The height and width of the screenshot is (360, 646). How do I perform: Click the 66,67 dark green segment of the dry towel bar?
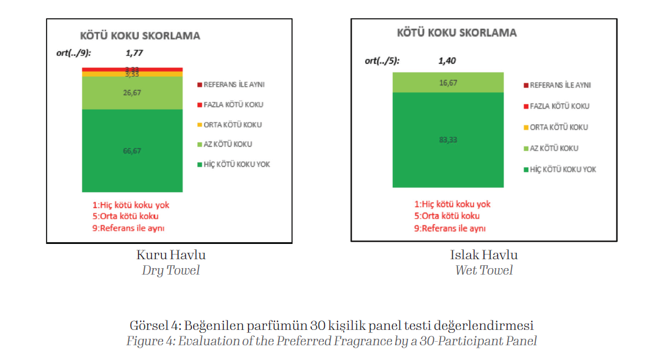point(132,151)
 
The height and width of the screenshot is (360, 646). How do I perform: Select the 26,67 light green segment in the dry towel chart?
point(132,93)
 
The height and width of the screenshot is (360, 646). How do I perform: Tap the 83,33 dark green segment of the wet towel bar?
point(448,140)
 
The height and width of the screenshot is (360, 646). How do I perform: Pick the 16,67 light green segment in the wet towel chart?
point(448,82)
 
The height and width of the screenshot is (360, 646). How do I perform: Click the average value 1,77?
point(134,52)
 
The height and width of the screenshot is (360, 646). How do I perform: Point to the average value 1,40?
point(447,60)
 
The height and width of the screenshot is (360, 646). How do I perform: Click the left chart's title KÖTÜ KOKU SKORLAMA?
point(140,35)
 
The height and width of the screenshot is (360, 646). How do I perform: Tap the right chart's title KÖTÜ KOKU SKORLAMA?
point(456,32)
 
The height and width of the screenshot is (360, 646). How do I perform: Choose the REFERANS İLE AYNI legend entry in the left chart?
point(233,84)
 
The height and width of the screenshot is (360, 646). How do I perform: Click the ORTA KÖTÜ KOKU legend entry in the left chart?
point(232,124)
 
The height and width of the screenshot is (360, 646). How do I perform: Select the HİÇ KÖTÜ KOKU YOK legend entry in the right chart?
point(562,169)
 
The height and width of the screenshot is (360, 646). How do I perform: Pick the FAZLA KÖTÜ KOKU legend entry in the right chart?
point(559,106)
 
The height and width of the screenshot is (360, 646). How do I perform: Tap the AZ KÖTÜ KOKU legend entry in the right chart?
point(554,148)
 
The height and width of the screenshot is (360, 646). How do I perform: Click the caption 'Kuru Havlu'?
point(171,255)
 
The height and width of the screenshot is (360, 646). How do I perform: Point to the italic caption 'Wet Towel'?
point(483,270)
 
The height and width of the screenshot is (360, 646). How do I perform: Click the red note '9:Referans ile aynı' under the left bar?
point(132,228)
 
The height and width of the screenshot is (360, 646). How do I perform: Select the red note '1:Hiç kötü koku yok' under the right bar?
point(452,204)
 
